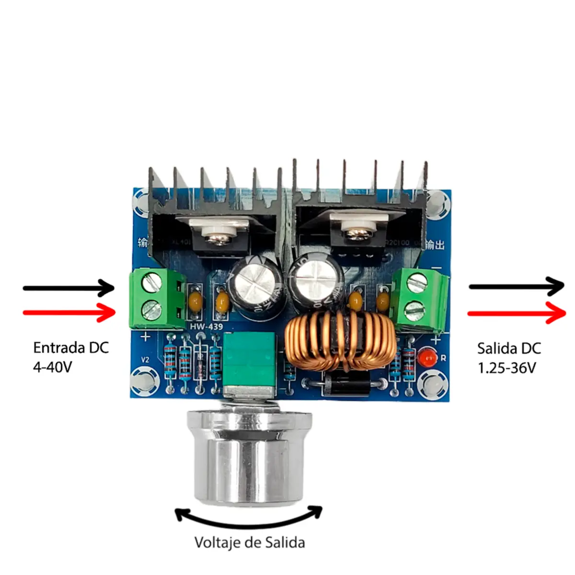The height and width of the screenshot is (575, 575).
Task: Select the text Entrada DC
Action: [71, 347]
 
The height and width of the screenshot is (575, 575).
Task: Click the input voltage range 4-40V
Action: [52, 367]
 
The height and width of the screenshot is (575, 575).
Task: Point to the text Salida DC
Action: [509, 348]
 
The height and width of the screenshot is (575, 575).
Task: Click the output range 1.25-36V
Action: [506, 368]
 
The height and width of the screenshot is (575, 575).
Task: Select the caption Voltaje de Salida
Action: [250, 543]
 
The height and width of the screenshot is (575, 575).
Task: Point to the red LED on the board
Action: [426, 357]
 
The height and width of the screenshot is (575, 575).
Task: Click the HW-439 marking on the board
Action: [206, 327]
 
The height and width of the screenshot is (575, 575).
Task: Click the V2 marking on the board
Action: [145, 359]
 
